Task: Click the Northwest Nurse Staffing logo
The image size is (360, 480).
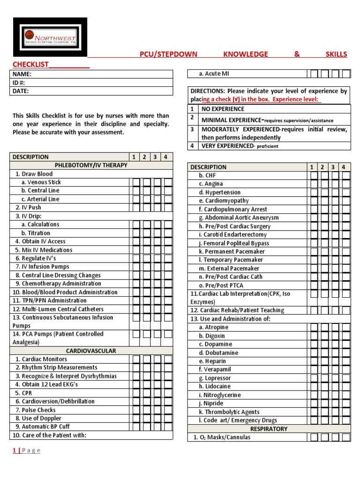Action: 50,37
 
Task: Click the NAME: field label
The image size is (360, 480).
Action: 22,74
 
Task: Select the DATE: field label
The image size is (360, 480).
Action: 21,91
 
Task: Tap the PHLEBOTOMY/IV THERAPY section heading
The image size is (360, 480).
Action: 91,165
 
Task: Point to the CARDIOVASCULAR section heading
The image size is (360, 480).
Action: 91,351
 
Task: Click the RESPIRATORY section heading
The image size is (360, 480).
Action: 269,429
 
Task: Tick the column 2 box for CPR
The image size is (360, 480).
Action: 146,393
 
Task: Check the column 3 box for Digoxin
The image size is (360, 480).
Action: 335,336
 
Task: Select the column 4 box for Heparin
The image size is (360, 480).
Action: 346,361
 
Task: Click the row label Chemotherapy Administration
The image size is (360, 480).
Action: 58,284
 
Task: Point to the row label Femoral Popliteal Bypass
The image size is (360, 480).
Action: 234,243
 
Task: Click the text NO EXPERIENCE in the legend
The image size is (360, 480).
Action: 223,109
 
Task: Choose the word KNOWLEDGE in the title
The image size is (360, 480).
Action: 246,54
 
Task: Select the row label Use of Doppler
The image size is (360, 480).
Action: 38,419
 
